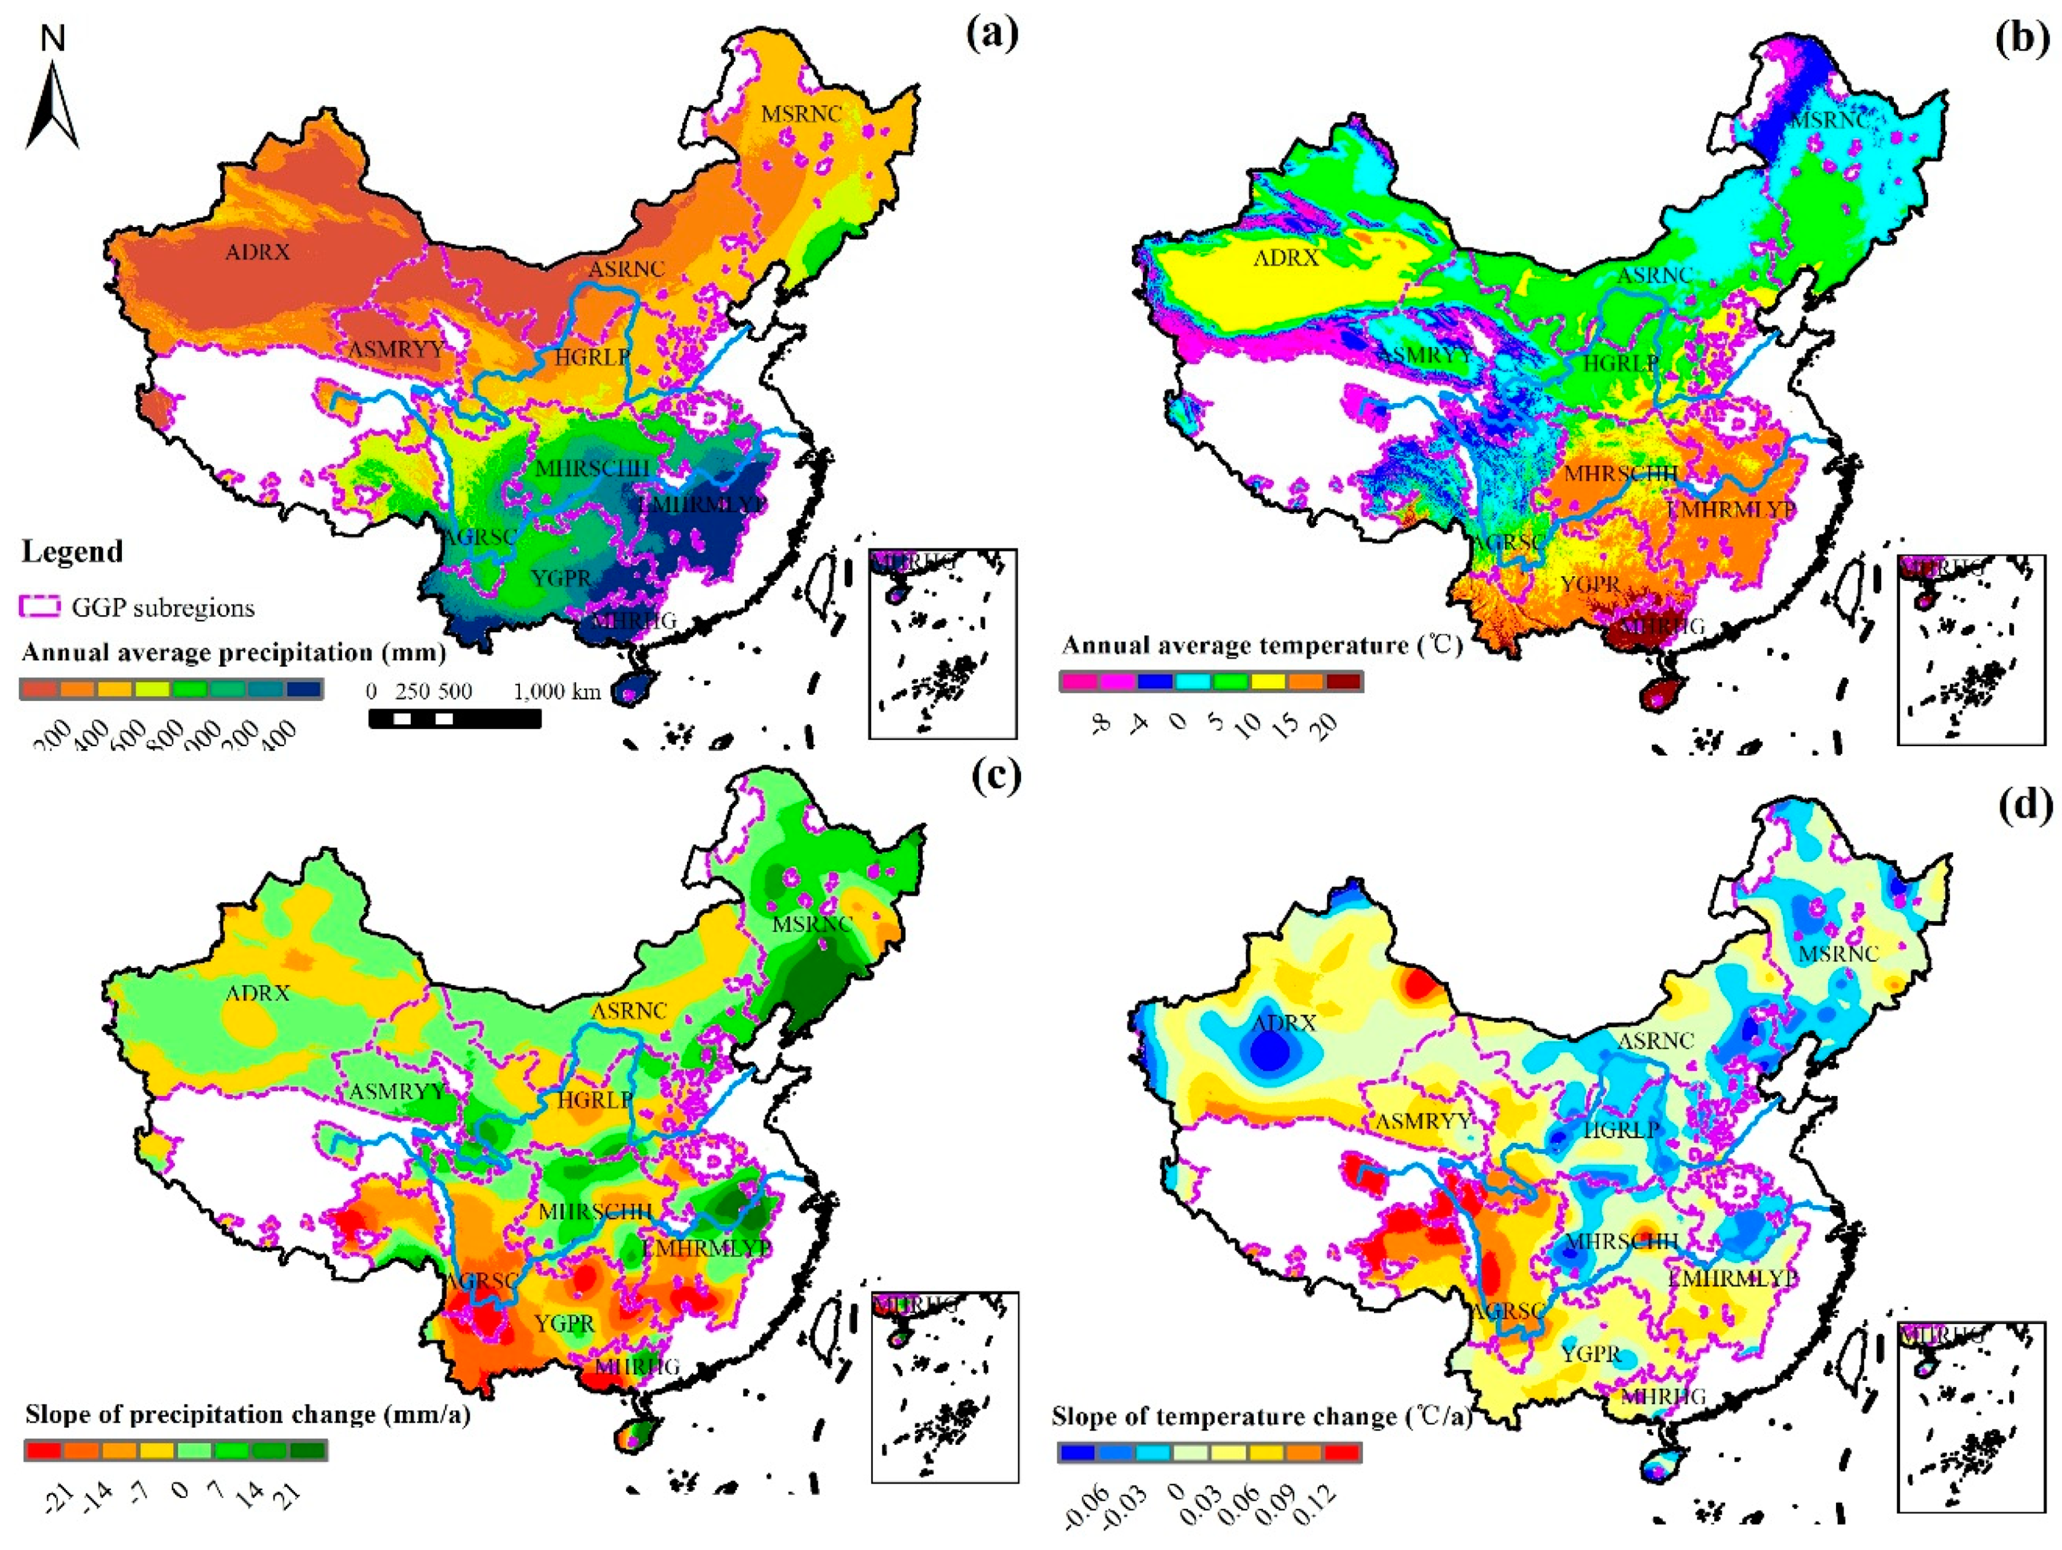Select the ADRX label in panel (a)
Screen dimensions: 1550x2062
click(x=257, y=252)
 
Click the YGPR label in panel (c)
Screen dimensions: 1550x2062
click(x=564, y=1324)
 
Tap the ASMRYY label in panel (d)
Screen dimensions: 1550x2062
click(x=1422, y=1121)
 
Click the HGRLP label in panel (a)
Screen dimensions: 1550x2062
click(x=593, y=356)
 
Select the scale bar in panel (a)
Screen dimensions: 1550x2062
click(x=455, y=718)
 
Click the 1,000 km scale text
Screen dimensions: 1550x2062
click(x=556, y=692)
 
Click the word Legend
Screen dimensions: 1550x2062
click(x=72, y=552)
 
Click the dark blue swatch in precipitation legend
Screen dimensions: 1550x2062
click(x=305, y=690)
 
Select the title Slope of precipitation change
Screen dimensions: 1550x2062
click(x=247, y=1415)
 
